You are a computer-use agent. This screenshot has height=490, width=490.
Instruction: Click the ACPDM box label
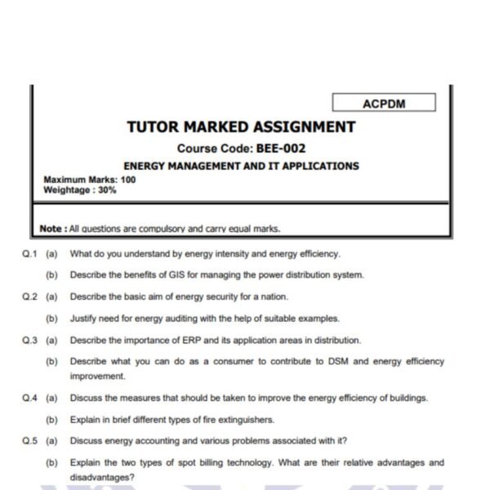pos(383,103)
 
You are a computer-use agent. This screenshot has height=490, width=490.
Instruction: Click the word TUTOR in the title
pos(153,127)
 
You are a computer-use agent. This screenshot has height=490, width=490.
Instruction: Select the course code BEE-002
pos(282,149)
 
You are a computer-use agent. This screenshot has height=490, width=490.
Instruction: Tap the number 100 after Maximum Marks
pos(127,180)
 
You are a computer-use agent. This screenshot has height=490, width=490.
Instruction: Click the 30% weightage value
pos(106,189)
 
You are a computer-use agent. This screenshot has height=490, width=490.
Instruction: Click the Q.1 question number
pos(31,254)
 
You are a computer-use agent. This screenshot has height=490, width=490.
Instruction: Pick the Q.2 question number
pos(31,297)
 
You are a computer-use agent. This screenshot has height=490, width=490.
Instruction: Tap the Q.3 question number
pos(31,341)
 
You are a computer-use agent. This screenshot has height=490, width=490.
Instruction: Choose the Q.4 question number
pos(31,399)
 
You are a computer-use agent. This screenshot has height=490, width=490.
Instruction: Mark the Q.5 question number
pos(31,442)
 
